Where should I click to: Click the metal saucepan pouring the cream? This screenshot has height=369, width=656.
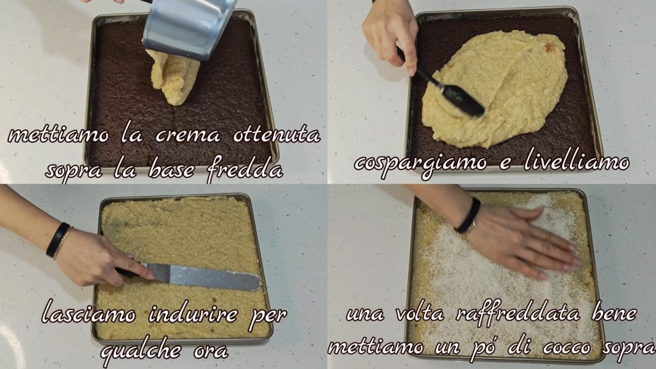coord(188,27)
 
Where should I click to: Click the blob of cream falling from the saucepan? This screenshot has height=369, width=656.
coord(172,76)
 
